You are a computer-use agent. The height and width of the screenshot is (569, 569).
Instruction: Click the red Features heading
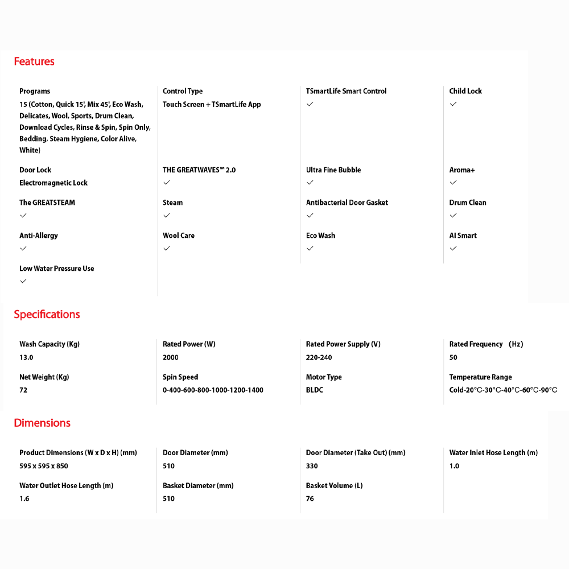34,61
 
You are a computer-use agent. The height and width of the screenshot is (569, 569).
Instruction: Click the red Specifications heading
47,315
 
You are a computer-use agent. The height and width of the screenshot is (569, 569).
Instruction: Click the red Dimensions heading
42,423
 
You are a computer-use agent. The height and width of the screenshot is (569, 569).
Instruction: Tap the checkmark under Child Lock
453,104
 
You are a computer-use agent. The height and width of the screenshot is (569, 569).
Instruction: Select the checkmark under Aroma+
453,183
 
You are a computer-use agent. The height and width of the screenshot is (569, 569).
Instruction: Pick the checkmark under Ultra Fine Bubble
310,183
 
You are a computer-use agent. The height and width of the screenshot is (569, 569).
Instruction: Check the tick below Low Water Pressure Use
23,281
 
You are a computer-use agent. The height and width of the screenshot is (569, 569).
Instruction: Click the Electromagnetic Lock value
53,183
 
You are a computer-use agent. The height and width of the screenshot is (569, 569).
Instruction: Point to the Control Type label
183,91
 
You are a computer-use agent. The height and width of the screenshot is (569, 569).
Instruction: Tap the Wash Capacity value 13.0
26,357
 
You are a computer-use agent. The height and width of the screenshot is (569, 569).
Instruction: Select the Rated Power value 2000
171,357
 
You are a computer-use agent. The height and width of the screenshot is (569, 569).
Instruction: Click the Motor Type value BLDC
315,390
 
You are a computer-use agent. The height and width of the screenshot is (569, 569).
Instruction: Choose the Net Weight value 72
23,390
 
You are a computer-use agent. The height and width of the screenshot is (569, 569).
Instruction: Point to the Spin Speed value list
213,390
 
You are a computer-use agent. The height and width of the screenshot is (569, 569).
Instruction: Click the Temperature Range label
480,377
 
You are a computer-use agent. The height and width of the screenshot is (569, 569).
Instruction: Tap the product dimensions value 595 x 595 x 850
44,465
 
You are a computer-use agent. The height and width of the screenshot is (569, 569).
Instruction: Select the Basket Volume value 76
310,498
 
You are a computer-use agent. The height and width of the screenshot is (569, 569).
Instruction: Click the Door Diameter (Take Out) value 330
312,465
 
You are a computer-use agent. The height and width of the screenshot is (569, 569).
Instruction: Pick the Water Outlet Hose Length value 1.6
24,498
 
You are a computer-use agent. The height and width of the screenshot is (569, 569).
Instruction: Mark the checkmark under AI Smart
453,248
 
